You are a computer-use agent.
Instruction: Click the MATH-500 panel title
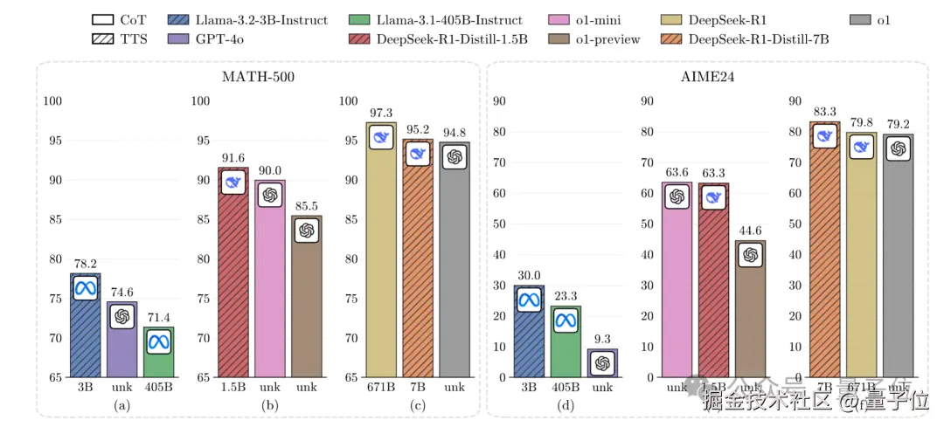[x=258, y=77]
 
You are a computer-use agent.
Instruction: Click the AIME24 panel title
[x=709, y=77]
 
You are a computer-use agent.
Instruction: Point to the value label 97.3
[x=381, y=114]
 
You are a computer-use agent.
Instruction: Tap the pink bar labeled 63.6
[x=677, y=288]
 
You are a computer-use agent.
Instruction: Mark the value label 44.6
[x=751, y=231]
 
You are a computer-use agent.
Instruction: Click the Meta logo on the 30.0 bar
[x=529, y=300]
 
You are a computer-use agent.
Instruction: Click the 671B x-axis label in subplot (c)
[x=381, y=386]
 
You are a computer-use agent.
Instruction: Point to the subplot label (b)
[x=269, y=404]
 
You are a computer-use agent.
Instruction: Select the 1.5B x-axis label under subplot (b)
[x=233, y=386]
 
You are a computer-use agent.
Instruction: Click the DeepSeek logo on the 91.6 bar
[x=233, y=182]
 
